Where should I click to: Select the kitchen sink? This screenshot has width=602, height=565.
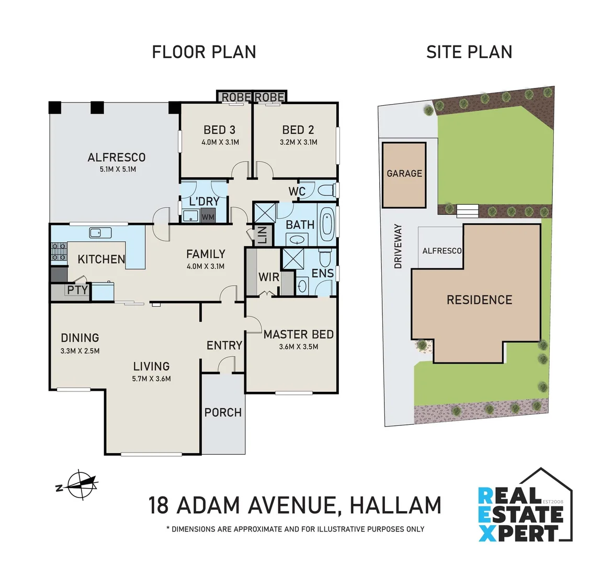click(97, 232)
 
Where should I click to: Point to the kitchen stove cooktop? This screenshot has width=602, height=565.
click(59, 252)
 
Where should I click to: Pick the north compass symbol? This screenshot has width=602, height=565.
click(78, 484)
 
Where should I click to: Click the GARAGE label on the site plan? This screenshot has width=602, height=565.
click(404, 173)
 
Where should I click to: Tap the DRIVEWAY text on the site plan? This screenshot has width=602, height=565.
click(398, 246)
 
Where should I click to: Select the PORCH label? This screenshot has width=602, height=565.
click(223, 412)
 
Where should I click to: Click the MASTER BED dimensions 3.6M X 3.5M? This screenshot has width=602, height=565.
click(299, 346)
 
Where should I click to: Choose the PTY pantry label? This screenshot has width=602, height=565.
click(77, 290)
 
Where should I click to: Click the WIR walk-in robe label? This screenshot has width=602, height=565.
click(269, 277)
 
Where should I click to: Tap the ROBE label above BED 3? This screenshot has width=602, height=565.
click(236, 97)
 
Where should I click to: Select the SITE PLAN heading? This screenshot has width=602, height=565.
click(469, 52)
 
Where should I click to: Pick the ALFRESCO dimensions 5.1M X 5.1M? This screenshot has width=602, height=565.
click(118, 169)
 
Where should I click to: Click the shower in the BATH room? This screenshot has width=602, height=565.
click(264, 213)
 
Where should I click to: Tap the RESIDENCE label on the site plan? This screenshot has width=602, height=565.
click(479, 300)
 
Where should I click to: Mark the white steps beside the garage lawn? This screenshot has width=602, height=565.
click(468, 211)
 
